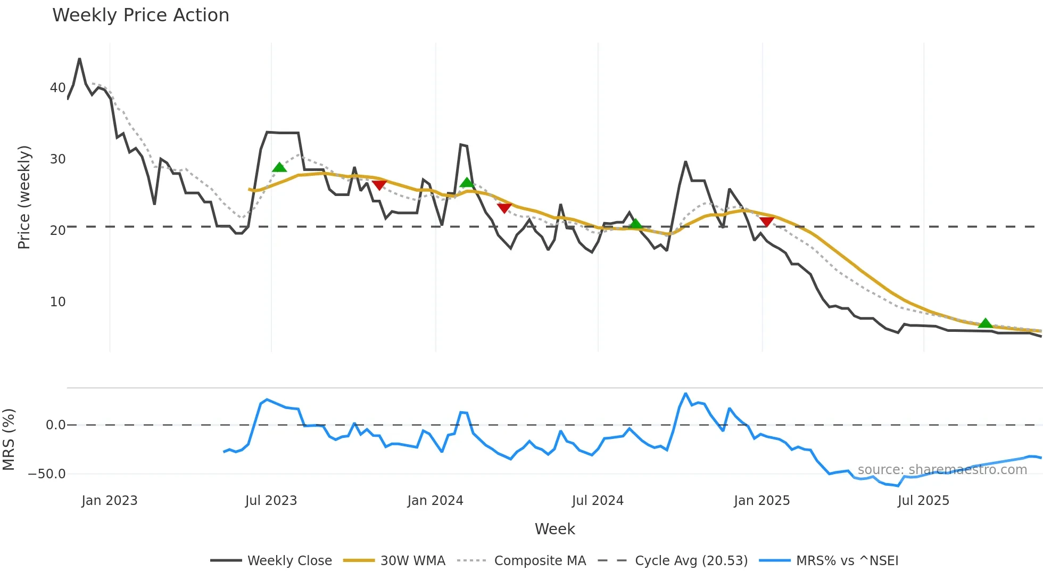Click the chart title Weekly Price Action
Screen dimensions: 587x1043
(x=140, y=15)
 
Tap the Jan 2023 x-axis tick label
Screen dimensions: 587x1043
(x=110, y=501)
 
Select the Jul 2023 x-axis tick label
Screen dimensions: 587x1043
(x=271, y=501)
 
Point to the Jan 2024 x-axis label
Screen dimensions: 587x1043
(x=435, y=501)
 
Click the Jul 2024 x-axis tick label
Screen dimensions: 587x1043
(x=598, y=501)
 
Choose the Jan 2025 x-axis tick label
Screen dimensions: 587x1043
(x=761, y=501)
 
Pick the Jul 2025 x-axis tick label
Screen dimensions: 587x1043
(x=923, y=501)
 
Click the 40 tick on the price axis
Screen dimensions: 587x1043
(x=57, y=88)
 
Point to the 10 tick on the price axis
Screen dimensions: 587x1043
(x=57, y=302)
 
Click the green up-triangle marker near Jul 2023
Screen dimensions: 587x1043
(x=279, y=168)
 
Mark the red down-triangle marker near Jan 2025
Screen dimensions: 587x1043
(x=767, y=221)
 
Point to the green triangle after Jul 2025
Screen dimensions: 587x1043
(x=985, y=323)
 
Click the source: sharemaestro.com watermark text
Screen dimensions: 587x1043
(x=942, y=470)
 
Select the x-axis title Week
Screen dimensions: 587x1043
(x=554, y=529)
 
